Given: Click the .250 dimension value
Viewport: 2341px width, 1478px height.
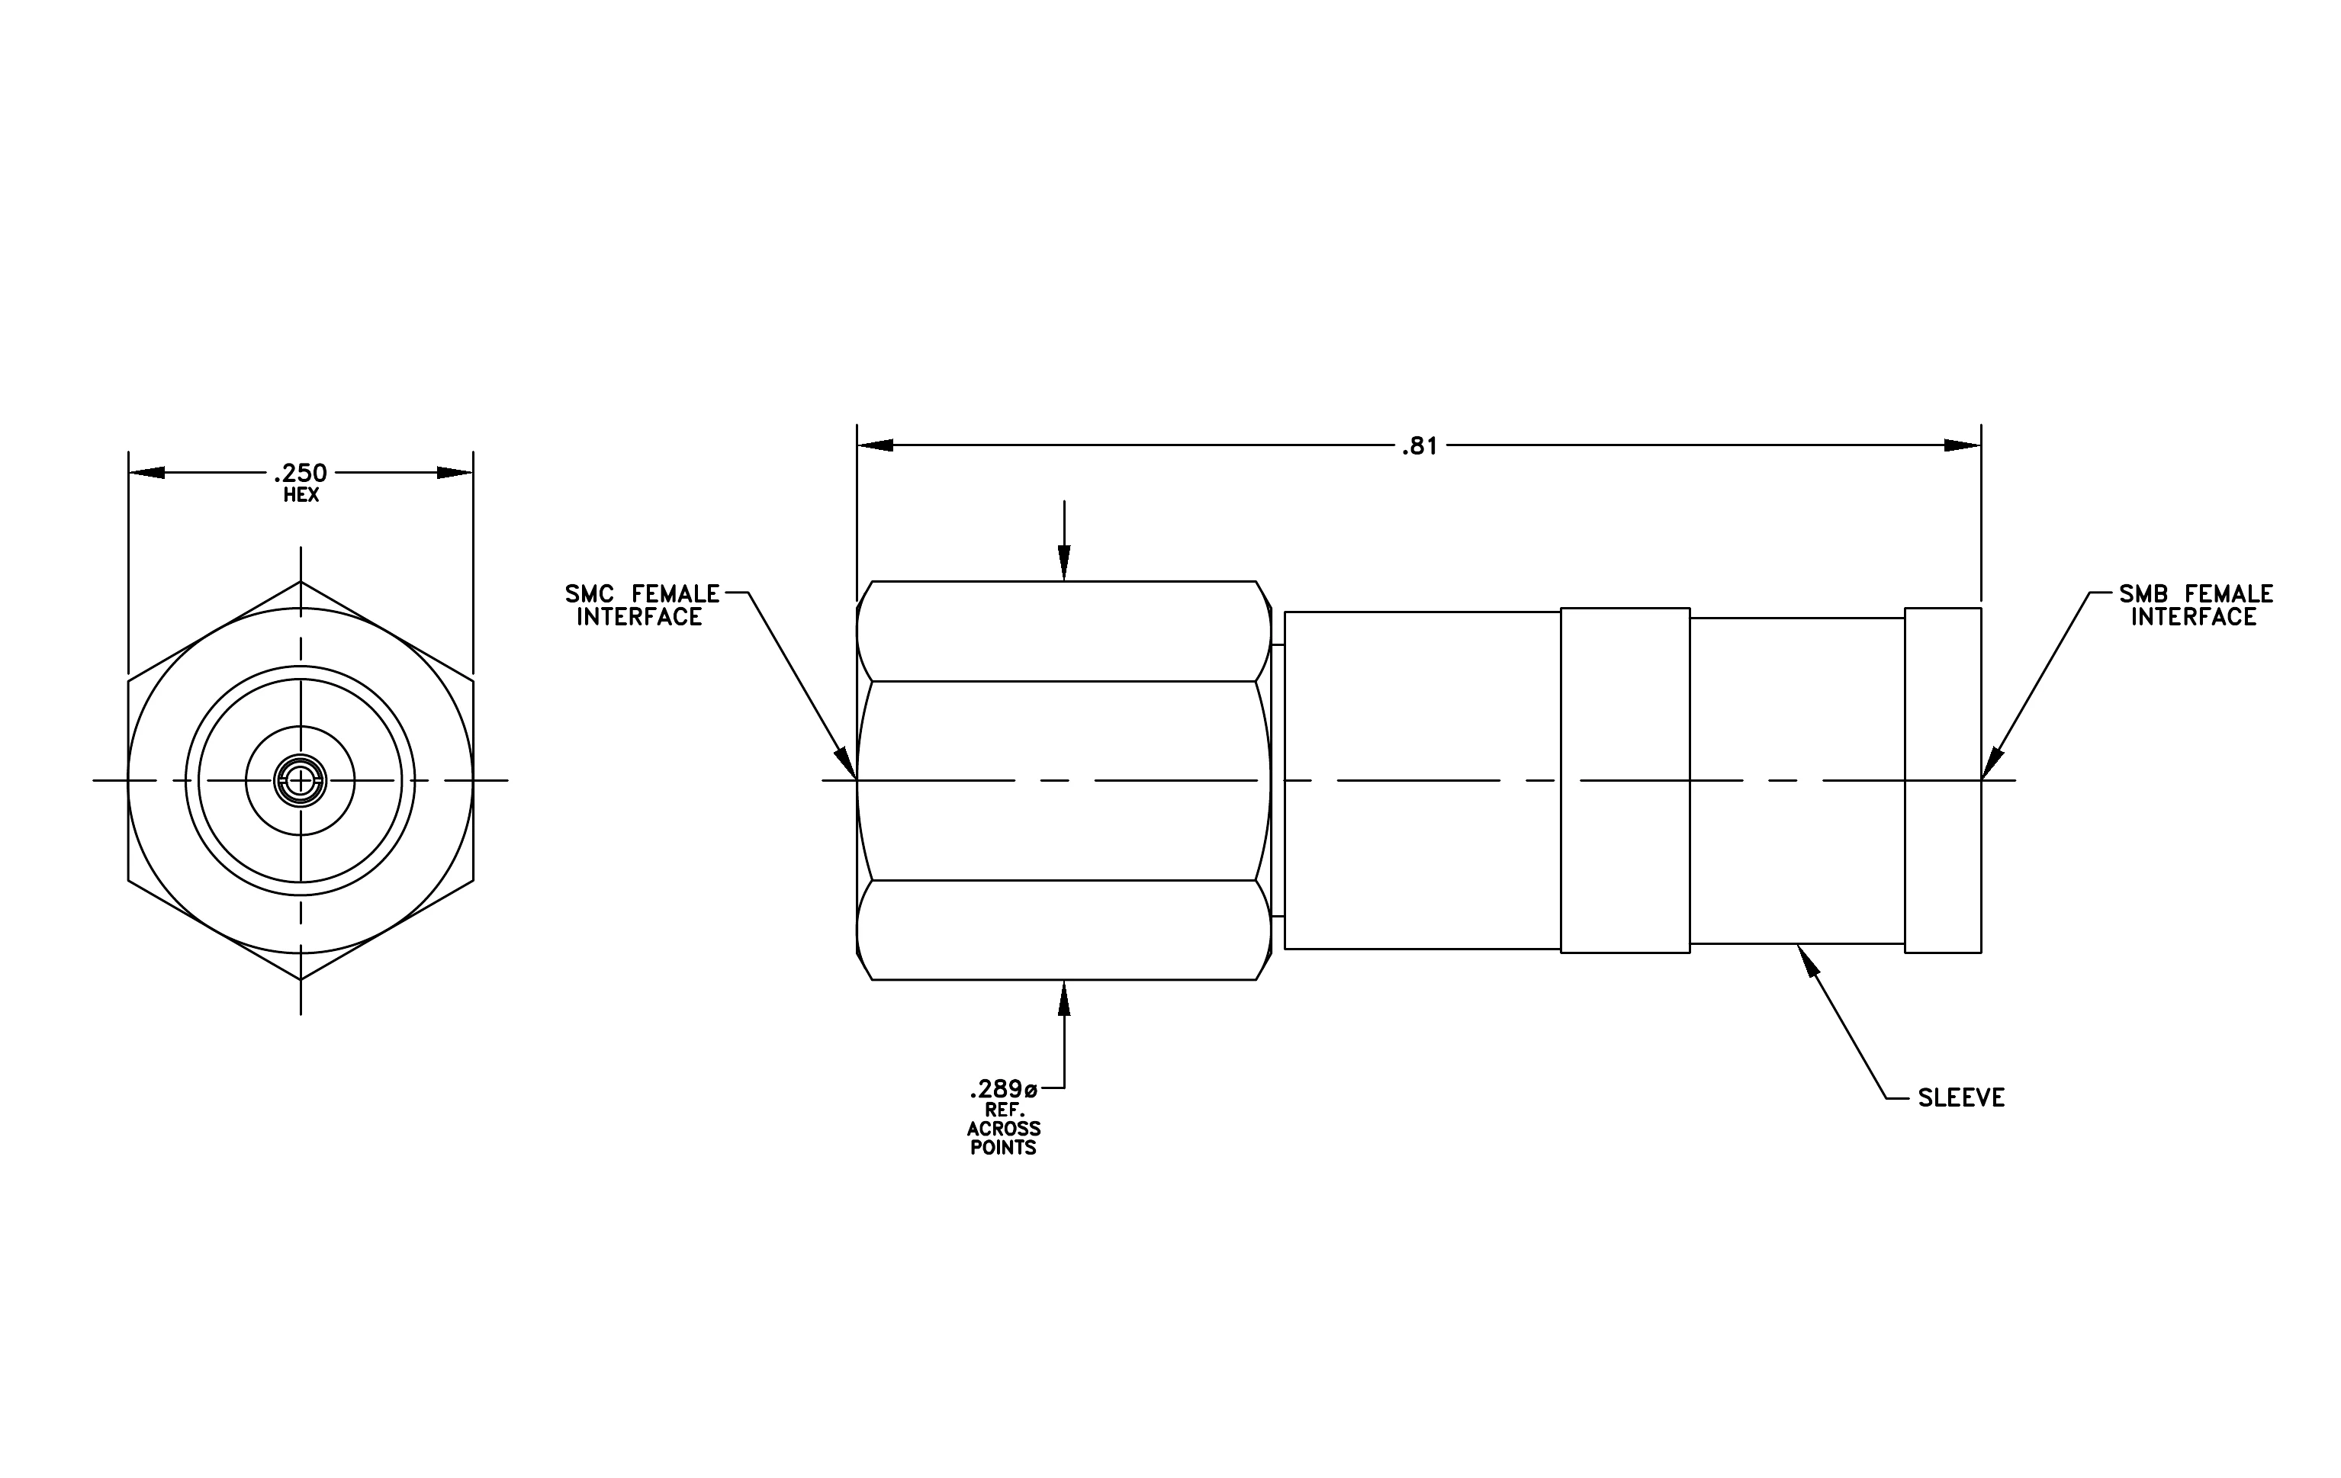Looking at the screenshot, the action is [301, 474].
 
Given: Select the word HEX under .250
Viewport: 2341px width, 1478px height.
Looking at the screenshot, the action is [301, 496].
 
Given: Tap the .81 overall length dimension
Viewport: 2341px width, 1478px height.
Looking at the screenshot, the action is [1420, 446].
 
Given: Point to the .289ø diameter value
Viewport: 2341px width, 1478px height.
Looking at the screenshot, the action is [1003, 1088].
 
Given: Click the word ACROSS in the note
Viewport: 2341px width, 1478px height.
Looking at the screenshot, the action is [1003, 1129].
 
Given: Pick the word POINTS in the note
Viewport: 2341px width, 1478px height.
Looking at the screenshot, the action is [1003, 1148].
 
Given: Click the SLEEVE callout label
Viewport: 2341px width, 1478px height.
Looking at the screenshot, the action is [1961, 1098].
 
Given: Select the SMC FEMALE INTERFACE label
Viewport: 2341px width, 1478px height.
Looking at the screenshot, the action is [642, 606].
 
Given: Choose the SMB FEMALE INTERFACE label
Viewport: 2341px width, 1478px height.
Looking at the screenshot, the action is [2195, 606].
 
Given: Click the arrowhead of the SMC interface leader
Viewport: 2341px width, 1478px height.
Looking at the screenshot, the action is [847, 763].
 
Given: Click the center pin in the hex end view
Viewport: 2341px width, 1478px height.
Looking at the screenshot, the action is [301, 780].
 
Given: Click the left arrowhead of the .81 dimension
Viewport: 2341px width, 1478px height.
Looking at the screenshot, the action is [875, 446].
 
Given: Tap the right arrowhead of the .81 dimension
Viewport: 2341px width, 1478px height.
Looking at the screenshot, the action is [1963, 446].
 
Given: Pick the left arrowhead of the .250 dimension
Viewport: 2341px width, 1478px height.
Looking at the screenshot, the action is [146, 474].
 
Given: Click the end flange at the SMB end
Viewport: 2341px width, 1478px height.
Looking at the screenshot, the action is [1942, 780].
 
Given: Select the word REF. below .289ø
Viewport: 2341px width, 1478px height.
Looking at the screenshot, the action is [1003, 1110].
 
